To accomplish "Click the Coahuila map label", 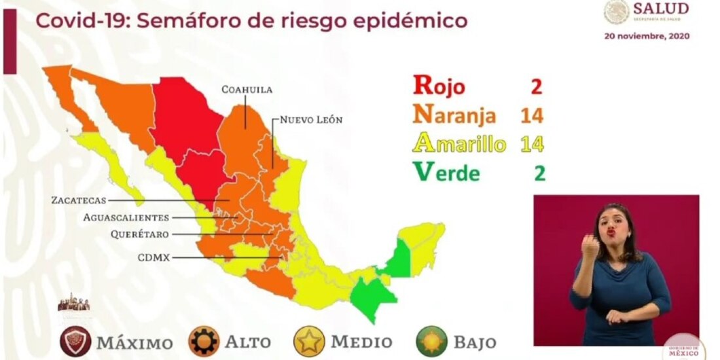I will point(247,90).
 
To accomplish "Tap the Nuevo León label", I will point(311,120).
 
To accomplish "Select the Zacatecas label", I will point(78,200).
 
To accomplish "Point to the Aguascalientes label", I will point(126,217).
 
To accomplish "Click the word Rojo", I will point(439,86).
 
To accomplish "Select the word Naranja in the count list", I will point(454,116).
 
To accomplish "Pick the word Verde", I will point(446,173).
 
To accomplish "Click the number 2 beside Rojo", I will point(537,86).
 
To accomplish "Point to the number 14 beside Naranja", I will point(531,116).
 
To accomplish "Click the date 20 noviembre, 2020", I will point(646,37).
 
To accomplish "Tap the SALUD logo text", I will point(660,9).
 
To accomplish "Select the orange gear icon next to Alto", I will point(204,342).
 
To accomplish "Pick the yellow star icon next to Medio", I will point(310,342).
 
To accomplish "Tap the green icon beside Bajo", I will point(431,342).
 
